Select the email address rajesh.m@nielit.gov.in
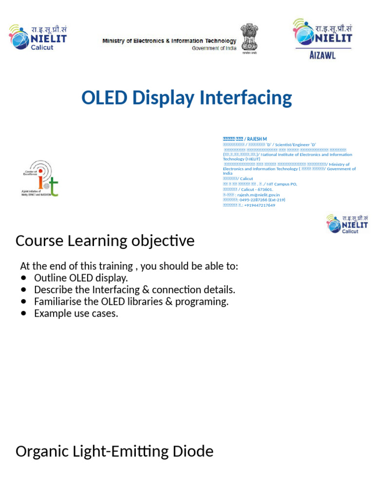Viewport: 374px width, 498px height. click(259, 195)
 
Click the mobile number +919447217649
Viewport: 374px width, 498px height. click(260, 205)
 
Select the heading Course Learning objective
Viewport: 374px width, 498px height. click(105, 241)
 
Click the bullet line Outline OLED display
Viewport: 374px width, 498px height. click(81, 278)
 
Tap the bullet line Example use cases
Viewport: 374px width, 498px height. click(76, 314)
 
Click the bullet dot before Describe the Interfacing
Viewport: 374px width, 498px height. click(24, 290)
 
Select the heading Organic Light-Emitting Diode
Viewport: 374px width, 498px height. click(114, 451)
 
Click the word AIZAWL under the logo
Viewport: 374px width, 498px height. click(322, 55)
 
